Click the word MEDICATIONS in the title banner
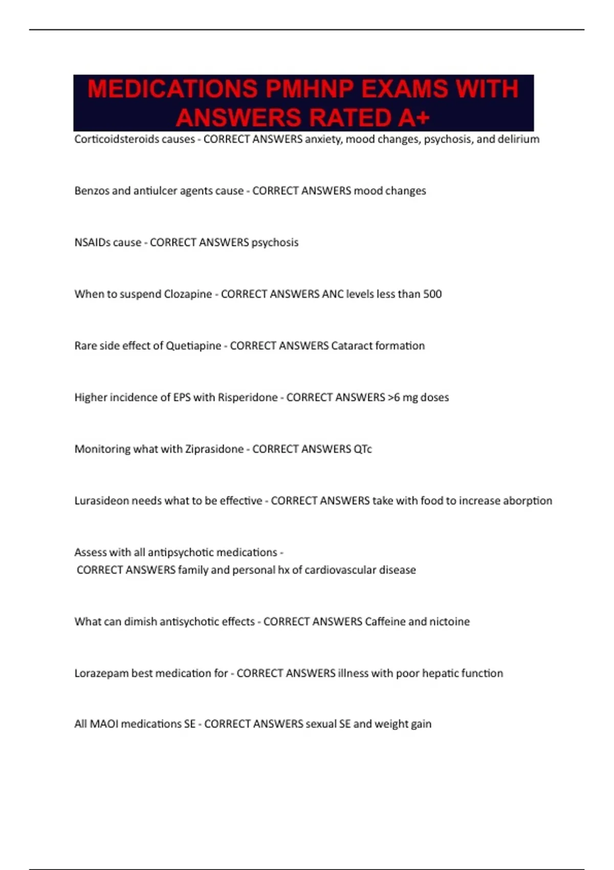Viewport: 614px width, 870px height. (172, 89)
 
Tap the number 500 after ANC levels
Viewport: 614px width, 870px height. (432, 294)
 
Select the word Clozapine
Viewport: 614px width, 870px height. (187, 294)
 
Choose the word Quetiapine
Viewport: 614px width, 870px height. (193, 346)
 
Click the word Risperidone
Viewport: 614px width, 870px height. (248, 398)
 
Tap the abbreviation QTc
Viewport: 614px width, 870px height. (363, 449)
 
